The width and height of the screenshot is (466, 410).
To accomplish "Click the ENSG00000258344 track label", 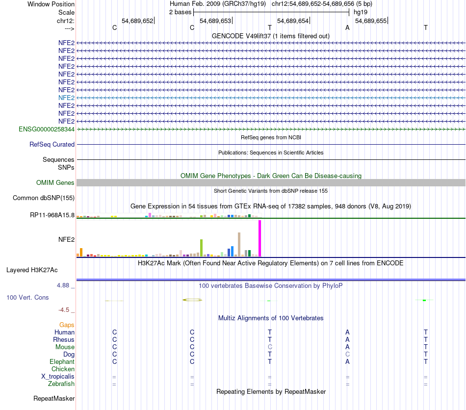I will coord(47,129).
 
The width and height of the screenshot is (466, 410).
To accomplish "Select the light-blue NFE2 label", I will coord(66,98).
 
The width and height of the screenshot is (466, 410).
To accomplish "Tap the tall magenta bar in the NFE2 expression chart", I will coord(260,238).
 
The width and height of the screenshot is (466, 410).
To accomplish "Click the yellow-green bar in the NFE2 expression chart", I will coord(201,248).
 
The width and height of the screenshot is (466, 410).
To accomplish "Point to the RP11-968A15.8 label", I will coord(52,215).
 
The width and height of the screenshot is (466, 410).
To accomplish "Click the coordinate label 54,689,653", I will coord(215,21).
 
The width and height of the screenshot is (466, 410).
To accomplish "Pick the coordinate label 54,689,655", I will coord(370,21).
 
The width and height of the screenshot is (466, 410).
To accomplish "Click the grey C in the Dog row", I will coord(347,354).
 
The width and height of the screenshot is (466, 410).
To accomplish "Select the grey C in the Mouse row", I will coord(270,347).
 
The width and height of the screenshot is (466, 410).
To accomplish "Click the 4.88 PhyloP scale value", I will coord(65,285).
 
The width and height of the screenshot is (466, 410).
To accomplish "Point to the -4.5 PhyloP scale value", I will coord(66,309).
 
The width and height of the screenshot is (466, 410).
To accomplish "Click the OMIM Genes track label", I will coord(55,183).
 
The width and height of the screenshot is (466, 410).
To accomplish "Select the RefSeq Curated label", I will coord(52,144).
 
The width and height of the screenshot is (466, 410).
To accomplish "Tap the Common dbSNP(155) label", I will coord(43,198).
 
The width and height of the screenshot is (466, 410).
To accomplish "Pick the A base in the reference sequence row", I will coord(347,27).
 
